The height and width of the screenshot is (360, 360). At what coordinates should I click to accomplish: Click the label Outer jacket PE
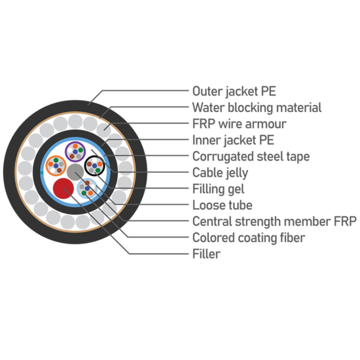pos(234,91)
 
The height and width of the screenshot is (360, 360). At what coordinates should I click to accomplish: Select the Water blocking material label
pos(257,107)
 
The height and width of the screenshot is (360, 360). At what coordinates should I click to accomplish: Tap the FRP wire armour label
pos(239,124)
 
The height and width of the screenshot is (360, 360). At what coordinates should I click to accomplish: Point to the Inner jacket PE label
pos(233,140)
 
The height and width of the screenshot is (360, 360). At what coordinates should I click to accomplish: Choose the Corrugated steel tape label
pos(251,156)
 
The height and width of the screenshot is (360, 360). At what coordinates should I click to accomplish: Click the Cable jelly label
pos(220,173)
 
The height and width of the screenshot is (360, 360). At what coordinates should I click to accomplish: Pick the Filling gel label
pos(218,189)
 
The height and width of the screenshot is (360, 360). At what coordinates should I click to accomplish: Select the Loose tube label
pos(223,205)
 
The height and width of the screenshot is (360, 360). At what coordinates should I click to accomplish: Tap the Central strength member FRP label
pos(274,221)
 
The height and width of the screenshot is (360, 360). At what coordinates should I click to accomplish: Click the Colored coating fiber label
pos(249,238)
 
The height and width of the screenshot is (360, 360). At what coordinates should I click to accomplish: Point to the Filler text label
pos(206,254)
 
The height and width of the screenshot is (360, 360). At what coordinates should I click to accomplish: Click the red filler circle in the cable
pos(63,189)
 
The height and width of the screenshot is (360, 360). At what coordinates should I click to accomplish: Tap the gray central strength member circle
pos(75,172)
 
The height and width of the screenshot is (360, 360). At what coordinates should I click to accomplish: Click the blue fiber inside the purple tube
pos(75,152)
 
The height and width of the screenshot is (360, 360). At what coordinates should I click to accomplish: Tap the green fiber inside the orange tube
pos(56,160)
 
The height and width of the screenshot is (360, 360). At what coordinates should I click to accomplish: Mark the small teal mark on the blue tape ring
pos(41,173)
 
